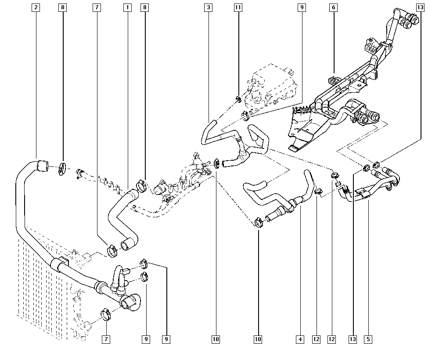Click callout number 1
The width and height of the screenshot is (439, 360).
127,7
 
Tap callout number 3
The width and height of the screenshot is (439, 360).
209,7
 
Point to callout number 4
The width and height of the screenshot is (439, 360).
300,339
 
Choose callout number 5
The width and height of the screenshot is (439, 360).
368,339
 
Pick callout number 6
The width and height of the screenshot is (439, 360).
334,7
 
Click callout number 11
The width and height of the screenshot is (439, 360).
238,7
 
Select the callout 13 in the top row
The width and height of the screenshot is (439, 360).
421,7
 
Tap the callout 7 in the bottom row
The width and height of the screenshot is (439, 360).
106,339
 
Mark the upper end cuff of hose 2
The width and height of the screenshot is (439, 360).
42,165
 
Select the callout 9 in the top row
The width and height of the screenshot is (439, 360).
301,7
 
